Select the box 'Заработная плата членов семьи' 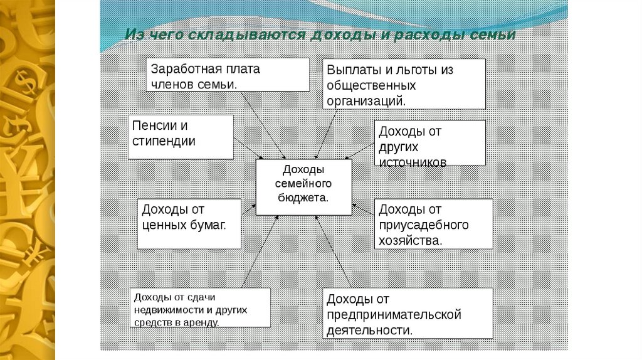(228, 75)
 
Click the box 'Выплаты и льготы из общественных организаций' (404, 84)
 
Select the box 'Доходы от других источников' (430, 142)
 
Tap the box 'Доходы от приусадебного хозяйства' (433, 224)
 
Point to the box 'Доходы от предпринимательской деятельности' (408, 314)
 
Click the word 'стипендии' (164, 141)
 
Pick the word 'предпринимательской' (394, 314)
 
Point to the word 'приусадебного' (424, 225)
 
